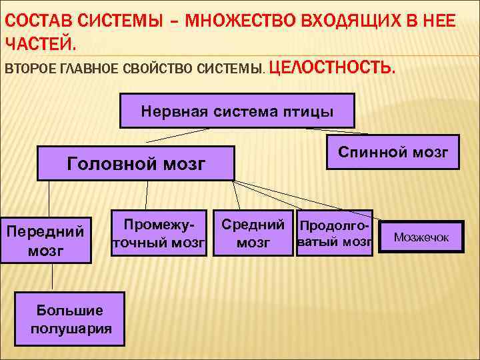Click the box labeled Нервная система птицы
(237, 111)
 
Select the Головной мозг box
(136, 163)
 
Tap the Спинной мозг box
(393, 153)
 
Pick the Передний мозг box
(45, 241)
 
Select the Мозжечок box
(421, 237)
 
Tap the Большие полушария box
(71, 319)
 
